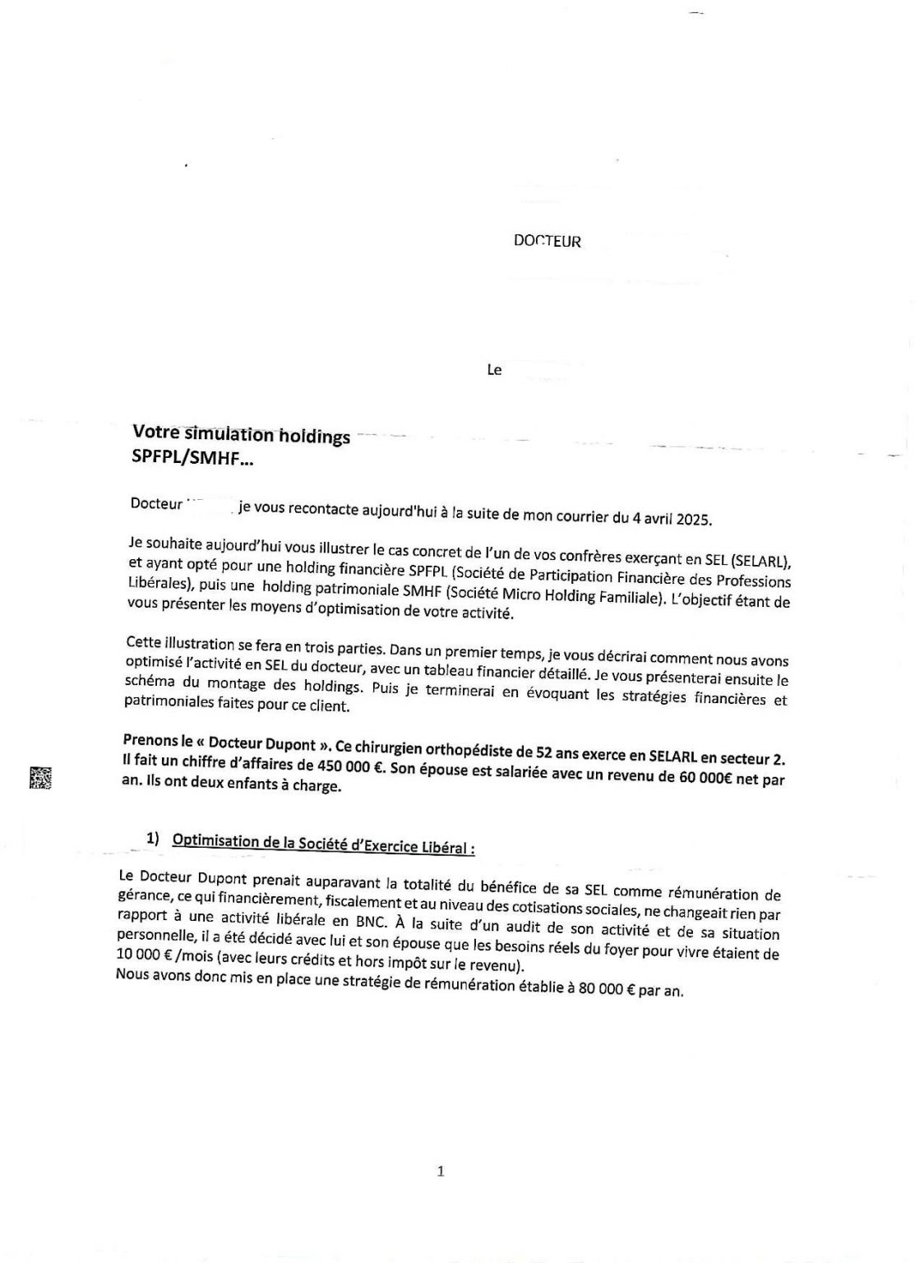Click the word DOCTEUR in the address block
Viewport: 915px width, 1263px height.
click(x=547, y=242)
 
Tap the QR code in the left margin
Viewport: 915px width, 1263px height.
click(x=40, y=777)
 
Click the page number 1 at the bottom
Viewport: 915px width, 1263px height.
click(x=441, y=1171)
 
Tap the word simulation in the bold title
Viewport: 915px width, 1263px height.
click(x=233, y=435)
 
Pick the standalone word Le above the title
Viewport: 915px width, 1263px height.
click(x=494, y=370)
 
